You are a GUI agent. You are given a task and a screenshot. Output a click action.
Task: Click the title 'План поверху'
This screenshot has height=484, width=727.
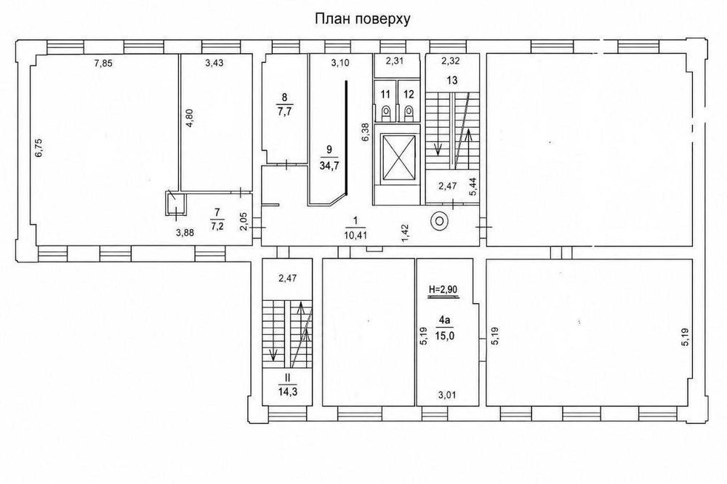(363, 19)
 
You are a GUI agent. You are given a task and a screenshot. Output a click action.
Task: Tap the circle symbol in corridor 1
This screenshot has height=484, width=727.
(439, 221)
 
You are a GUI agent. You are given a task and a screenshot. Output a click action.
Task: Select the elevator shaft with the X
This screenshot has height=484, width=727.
(396, 157)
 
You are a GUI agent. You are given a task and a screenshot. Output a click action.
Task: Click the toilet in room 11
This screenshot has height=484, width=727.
(385, 112)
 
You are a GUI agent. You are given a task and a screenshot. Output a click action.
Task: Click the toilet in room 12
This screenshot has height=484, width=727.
(409, 112)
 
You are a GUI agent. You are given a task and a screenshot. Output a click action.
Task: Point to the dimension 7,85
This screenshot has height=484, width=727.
(103, 64)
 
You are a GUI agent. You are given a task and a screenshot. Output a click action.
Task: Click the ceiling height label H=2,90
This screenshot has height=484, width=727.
(443, 289)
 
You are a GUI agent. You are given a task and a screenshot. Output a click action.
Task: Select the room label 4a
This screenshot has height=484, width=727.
(444, 320)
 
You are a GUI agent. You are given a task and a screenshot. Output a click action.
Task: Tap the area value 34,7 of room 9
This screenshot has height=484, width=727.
(329, 166)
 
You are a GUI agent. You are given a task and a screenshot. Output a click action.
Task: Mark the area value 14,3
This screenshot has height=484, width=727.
(287, 392)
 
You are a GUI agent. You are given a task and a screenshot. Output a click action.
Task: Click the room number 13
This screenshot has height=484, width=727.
(452, 80)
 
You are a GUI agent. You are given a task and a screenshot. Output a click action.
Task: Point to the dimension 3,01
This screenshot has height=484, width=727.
(447, 395)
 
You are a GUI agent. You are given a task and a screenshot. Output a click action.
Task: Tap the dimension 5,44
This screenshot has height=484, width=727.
(473, 187)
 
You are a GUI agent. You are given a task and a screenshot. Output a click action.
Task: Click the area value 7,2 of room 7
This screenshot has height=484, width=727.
(217, 227)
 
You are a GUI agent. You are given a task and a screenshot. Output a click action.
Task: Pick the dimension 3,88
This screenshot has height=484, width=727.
(185, 233)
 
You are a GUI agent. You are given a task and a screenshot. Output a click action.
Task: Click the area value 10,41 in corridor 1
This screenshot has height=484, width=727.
(356, 235)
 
